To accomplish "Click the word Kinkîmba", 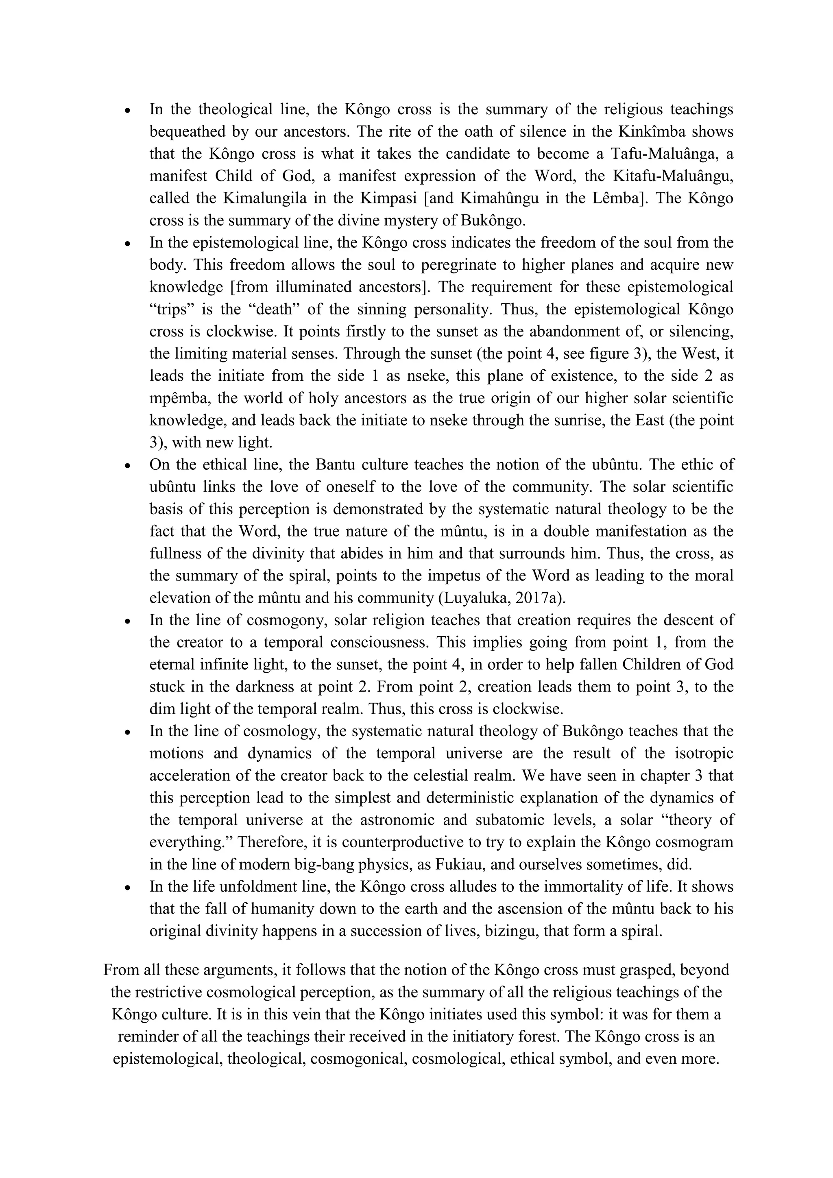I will tap(651, 131).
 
